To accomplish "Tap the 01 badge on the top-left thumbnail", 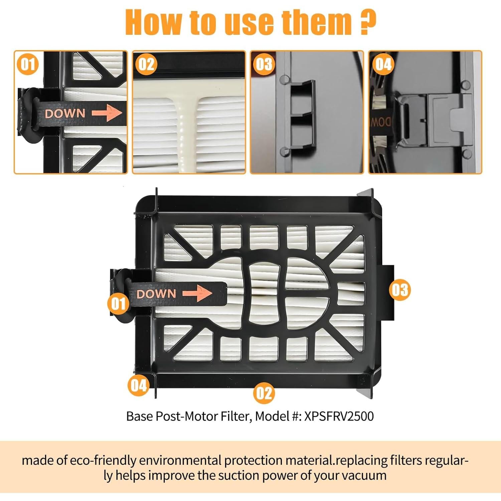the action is point(28,64).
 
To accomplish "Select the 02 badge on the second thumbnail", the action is point(146,64).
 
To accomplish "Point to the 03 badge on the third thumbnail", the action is point(264,64).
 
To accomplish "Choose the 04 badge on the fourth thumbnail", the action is point(382,64).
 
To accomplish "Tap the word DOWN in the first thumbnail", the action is point(65,114).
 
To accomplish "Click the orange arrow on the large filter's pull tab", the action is point(197,293).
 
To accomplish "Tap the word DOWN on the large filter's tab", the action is point(156,294).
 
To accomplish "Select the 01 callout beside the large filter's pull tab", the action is point(118,304).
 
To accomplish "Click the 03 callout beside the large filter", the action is point(400,290).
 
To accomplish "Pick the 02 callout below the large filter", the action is point(264,393).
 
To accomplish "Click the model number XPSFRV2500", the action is point(339,416).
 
